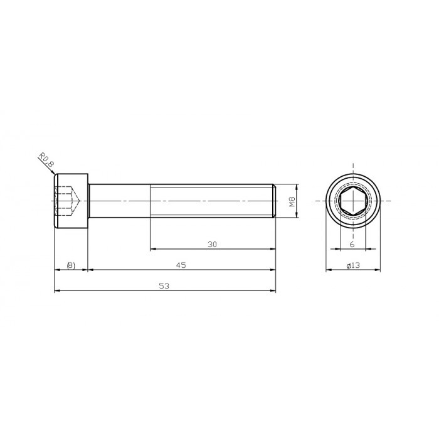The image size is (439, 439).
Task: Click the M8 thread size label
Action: pyautogui.click(x=291, y=201)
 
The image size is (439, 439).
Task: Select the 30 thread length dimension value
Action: pyautogui.click(x=212, y=245)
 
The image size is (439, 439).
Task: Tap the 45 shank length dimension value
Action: pyautogui.click(x=181, y=265)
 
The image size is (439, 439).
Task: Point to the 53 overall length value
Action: pyautogui.click(x=164, y=286)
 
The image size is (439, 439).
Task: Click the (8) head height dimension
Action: pyautogui.click(x=71, y=265)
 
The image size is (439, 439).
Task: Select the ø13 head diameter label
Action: pyautogui.click(x=353, y=266)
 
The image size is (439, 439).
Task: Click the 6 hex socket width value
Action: pyautogui.click(x=352, y=245)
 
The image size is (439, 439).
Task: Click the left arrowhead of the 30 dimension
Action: pyautogui.click(x=152, y=250)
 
